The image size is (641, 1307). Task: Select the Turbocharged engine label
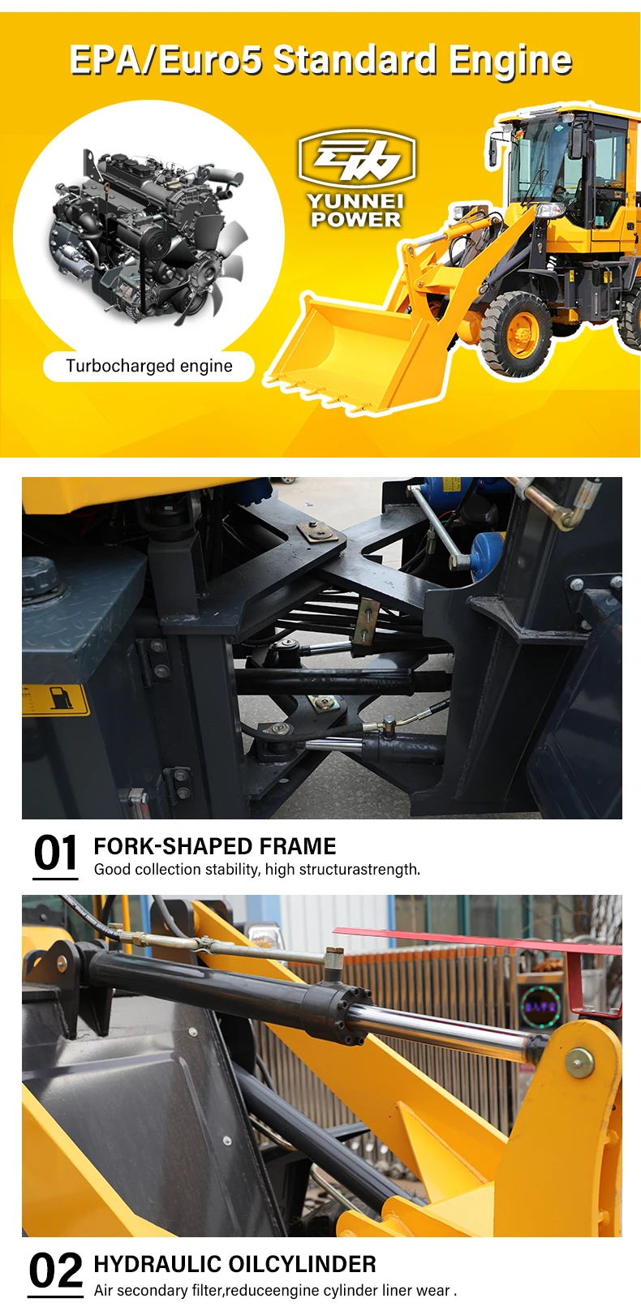[149, 366]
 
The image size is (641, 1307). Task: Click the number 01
[55, 853]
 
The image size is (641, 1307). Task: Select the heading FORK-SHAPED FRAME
[215, 846]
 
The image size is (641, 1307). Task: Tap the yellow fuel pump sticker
[55, 699]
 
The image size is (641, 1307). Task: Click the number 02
[55, 1270]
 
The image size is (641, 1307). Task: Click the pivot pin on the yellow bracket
[579, 1061]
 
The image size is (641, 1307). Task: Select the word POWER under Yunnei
[356, 219]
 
